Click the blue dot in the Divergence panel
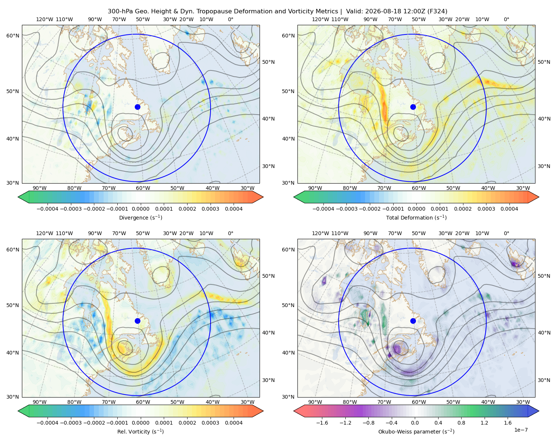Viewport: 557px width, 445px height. tap(137, 107)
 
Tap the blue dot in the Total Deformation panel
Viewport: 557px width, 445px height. tap(413, 107)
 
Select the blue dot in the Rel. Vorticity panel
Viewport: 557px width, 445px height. tap(137, 321)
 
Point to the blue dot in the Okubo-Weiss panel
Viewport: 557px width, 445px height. tap(413, 321)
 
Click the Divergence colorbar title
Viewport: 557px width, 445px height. tap(140, 218)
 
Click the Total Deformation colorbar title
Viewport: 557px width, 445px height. tap(416, 218)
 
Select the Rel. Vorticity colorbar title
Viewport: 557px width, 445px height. tap(140, 432)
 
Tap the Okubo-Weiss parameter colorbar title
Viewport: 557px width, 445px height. tap(416, 432)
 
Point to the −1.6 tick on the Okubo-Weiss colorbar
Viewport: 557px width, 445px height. tap(322, 423)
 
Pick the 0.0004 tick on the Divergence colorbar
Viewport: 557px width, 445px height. tap(234, 209)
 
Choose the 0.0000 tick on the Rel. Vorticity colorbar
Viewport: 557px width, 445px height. tap(140, 423)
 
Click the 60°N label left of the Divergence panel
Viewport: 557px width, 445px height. tap(13, 36)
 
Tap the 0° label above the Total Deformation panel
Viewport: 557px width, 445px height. tap(506, 19)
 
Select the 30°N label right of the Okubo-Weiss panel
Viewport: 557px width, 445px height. tap(544, 380)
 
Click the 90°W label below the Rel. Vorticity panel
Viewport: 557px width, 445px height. tap(40, 402)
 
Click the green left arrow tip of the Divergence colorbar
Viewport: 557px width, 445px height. tap(18, 197)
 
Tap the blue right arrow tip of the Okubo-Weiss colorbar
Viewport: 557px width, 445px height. tap(539, 411)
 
